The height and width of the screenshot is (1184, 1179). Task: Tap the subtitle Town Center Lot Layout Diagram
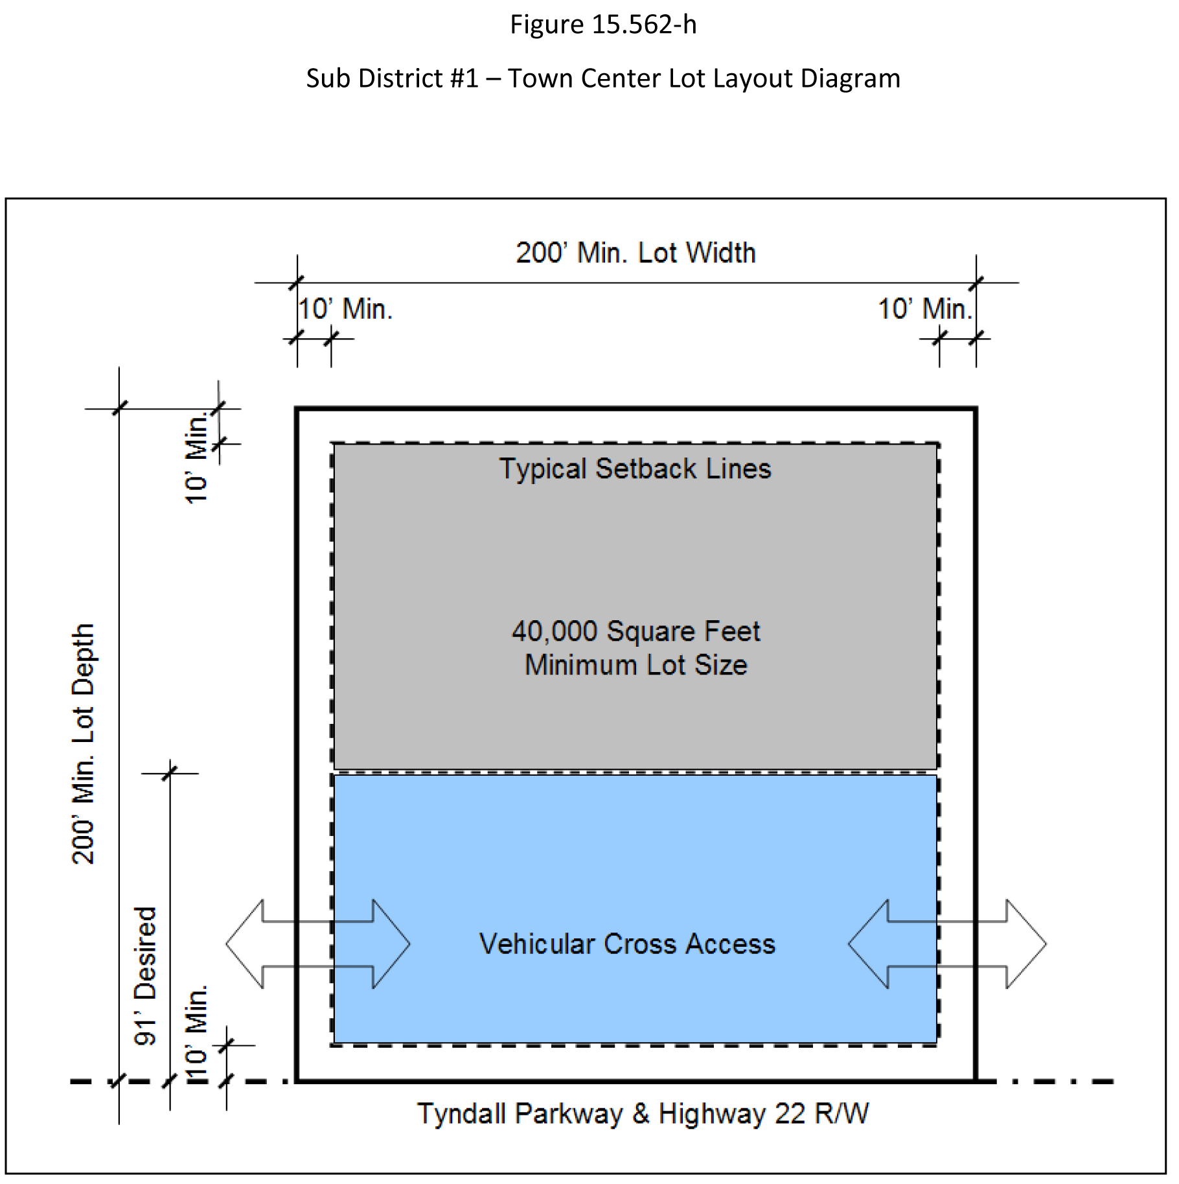point(704,78)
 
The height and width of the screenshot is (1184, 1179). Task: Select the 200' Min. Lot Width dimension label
point(635,253)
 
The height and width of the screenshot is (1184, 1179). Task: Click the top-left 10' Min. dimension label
point(345,309)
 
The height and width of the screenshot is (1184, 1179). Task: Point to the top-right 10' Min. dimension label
point(925,309)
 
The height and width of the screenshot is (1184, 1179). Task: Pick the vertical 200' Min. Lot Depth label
point(84,743)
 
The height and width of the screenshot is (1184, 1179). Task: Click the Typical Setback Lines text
point(635,469)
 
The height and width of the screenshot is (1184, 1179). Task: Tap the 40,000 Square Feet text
point(635,631)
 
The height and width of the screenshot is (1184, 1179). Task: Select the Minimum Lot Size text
point(635,665)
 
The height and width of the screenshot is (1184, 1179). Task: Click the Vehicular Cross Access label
point(627,944)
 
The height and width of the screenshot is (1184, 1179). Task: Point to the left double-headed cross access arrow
point(318,944)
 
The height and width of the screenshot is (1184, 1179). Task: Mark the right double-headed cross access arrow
point(947,944)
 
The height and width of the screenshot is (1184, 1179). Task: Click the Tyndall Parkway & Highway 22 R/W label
point(643,1114)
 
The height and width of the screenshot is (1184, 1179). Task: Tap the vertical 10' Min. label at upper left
point(196,458)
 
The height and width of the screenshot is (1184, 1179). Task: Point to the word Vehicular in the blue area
point(536,944)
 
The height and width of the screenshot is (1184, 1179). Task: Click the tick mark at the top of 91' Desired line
point(170,773)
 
